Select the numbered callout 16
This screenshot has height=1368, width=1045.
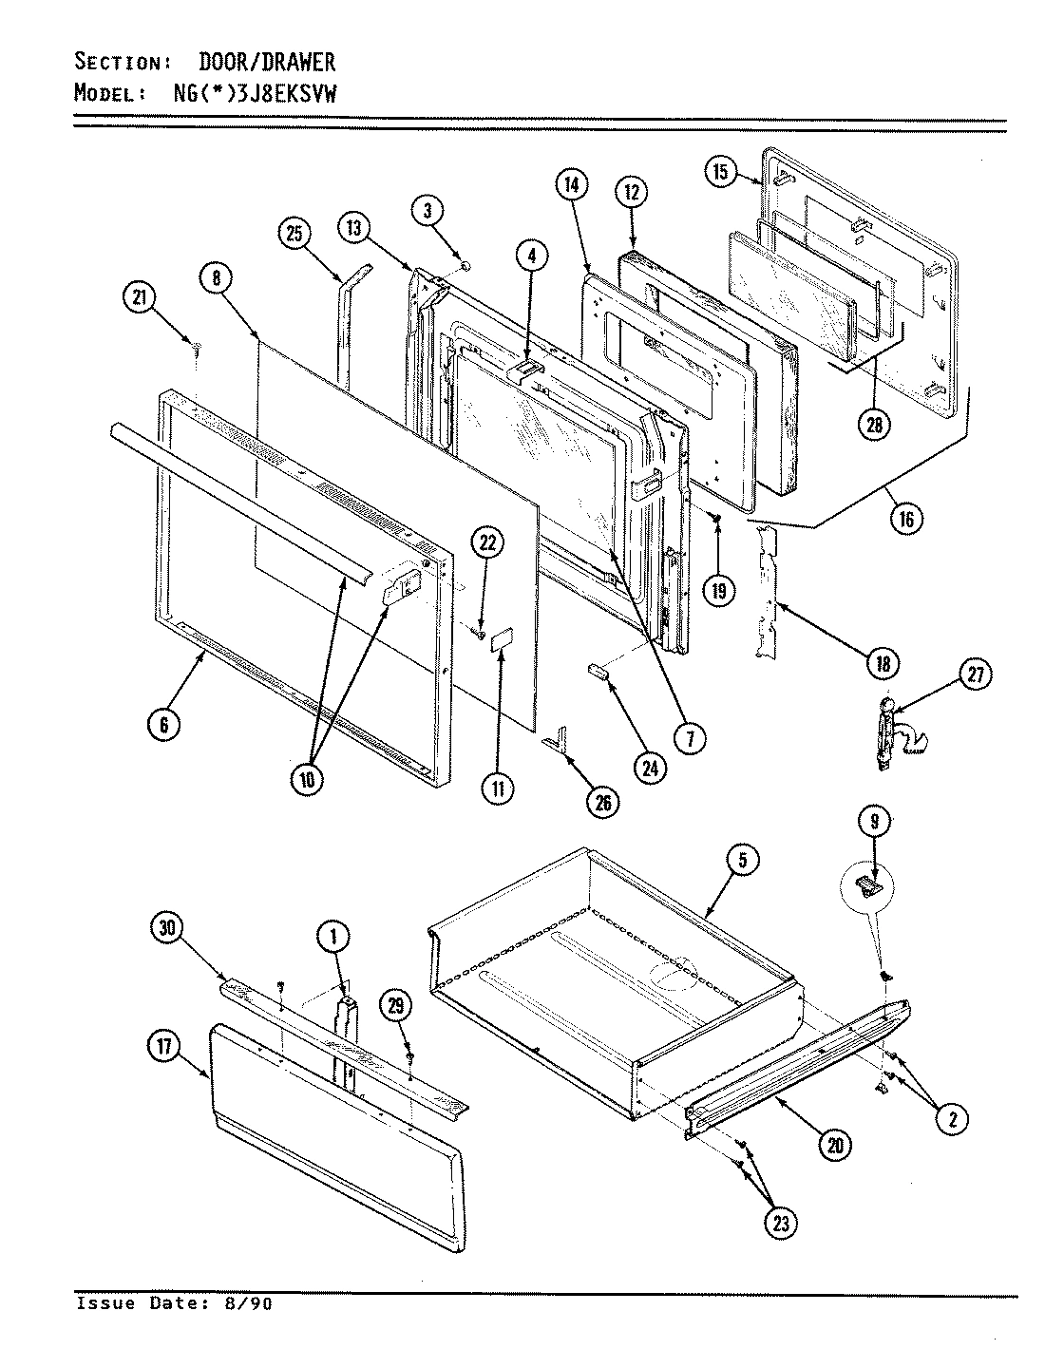905,519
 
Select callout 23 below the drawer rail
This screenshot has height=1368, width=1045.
780,1224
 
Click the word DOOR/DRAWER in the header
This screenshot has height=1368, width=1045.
266,63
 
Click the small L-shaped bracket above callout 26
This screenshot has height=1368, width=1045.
556,737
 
